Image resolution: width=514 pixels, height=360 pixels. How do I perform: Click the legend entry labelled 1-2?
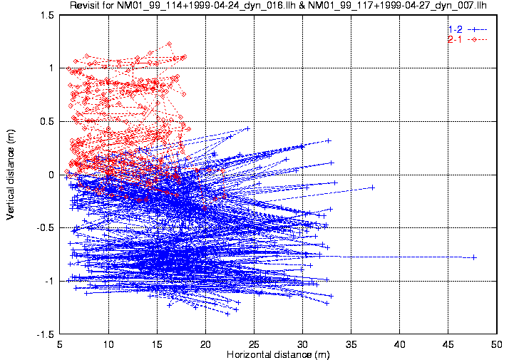tap(455, 29)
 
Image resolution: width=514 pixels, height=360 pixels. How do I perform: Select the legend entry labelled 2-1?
tap(455, 39)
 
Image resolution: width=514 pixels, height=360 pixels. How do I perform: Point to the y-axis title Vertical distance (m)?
tap(11, 174)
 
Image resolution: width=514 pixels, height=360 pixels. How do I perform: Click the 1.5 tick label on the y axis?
tap(46, 15)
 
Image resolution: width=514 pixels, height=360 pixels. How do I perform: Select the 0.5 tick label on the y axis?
tap(46, 121)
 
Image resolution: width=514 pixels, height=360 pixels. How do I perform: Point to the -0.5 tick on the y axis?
tap(45, 228)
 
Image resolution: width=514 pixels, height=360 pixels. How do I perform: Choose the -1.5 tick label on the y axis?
tap(45, 334)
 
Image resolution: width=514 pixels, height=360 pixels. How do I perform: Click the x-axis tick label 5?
tap(60, 344)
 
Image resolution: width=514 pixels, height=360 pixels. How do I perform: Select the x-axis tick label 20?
tap(205, 344)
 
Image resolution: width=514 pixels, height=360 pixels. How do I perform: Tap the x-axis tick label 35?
tap(351, 344)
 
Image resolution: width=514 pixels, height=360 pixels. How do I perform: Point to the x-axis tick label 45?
tap(448, 344)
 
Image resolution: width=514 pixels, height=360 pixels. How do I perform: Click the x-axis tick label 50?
tap(497, 344)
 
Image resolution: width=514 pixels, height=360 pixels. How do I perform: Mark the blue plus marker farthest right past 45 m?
tap(473, 257)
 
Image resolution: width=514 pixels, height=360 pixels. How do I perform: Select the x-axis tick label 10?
tap(108, 344)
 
